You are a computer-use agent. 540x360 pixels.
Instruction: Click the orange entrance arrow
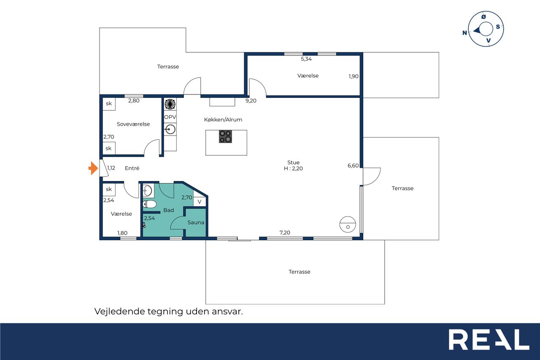click(x=93, y=168)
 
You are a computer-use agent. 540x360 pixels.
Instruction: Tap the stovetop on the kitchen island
click(x=225, y=136)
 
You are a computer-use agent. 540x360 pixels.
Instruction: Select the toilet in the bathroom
click(x=149, y=204)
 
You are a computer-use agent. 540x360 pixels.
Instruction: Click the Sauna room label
click(x=196, y=222)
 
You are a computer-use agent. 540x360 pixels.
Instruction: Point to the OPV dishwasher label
click(x=170, y=117)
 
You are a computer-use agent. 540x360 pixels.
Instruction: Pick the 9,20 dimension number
click(x=251, y=101)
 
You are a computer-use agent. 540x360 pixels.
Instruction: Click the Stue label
click(x=293, y=162)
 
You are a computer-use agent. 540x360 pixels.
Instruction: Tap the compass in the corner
click(x=485, y=29)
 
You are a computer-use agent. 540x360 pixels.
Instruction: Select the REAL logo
click(x=489, y=339)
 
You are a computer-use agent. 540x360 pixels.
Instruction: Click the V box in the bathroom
click(x=200, y=202)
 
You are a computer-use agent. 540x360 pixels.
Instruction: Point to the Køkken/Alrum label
click(x=223, y=119)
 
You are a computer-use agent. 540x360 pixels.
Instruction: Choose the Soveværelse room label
click(x=133, y=124)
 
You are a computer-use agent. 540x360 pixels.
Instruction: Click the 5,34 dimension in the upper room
click(x=306, y=59)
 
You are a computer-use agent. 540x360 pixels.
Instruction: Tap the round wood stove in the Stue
click(x=348, y=224)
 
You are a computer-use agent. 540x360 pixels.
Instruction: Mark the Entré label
click(x=132, y=168)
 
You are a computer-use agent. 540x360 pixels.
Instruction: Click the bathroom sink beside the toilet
click(x=148, y=191)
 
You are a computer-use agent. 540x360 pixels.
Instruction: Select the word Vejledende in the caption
click(x=119, y=311)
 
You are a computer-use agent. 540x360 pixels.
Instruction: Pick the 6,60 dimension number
click(x=353, y=166)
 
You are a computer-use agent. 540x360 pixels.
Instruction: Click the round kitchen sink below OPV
click(x=170, y=130)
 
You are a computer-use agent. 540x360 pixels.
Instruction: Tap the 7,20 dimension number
click(x=285, y=233)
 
